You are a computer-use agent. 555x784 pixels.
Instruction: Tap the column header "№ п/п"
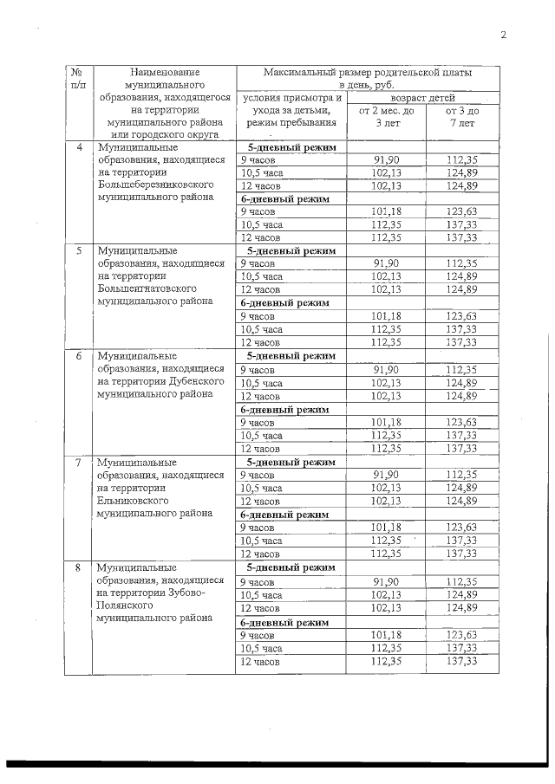[x=79, y=80]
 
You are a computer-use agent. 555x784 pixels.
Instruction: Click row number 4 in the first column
[x=80, y=147]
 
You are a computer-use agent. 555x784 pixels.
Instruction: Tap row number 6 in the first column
[x=80, y=356]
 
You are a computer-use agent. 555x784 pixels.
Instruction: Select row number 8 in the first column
[x=80, y=567]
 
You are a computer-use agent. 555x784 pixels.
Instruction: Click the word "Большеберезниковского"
[x=155, y=185]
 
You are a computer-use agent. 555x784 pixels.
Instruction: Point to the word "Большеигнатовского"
[x=150, y=289]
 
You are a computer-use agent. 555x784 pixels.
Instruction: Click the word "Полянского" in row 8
[x=127, y=606]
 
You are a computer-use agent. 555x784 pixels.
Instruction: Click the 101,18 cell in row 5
[x=386, y=316]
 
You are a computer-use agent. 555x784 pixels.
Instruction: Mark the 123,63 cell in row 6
[x=461, y=422]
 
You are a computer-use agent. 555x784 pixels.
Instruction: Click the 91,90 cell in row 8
[x=386, y=581]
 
